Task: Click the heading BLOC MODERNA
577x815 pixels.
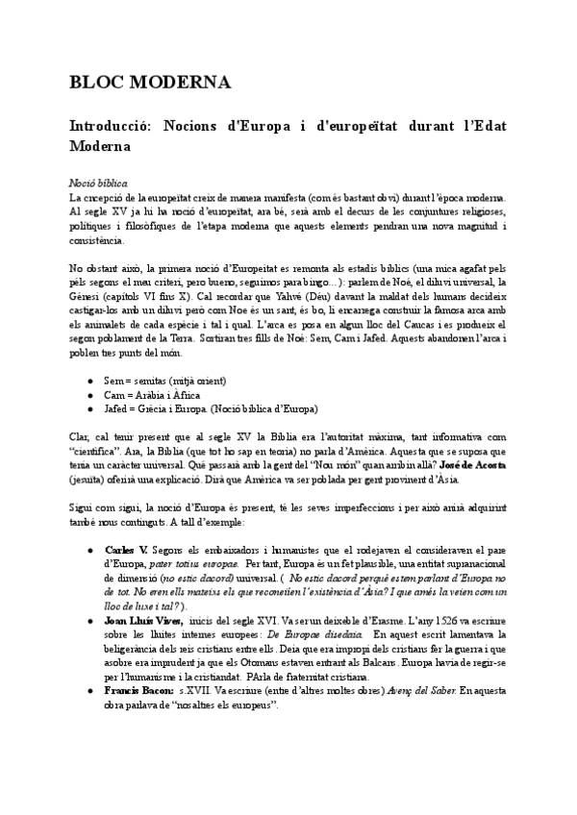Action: pyautogui.click(x=149, y=84)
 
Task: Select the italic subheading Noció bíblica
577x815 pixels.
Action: pyautogui.click(x=98, y=182)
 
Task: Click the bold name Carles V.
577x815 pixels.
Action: pyautogui.click(x=125, y=549)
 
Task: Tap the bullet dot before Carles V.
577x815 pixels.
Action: pyautogui.click(x=89, y=549)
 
